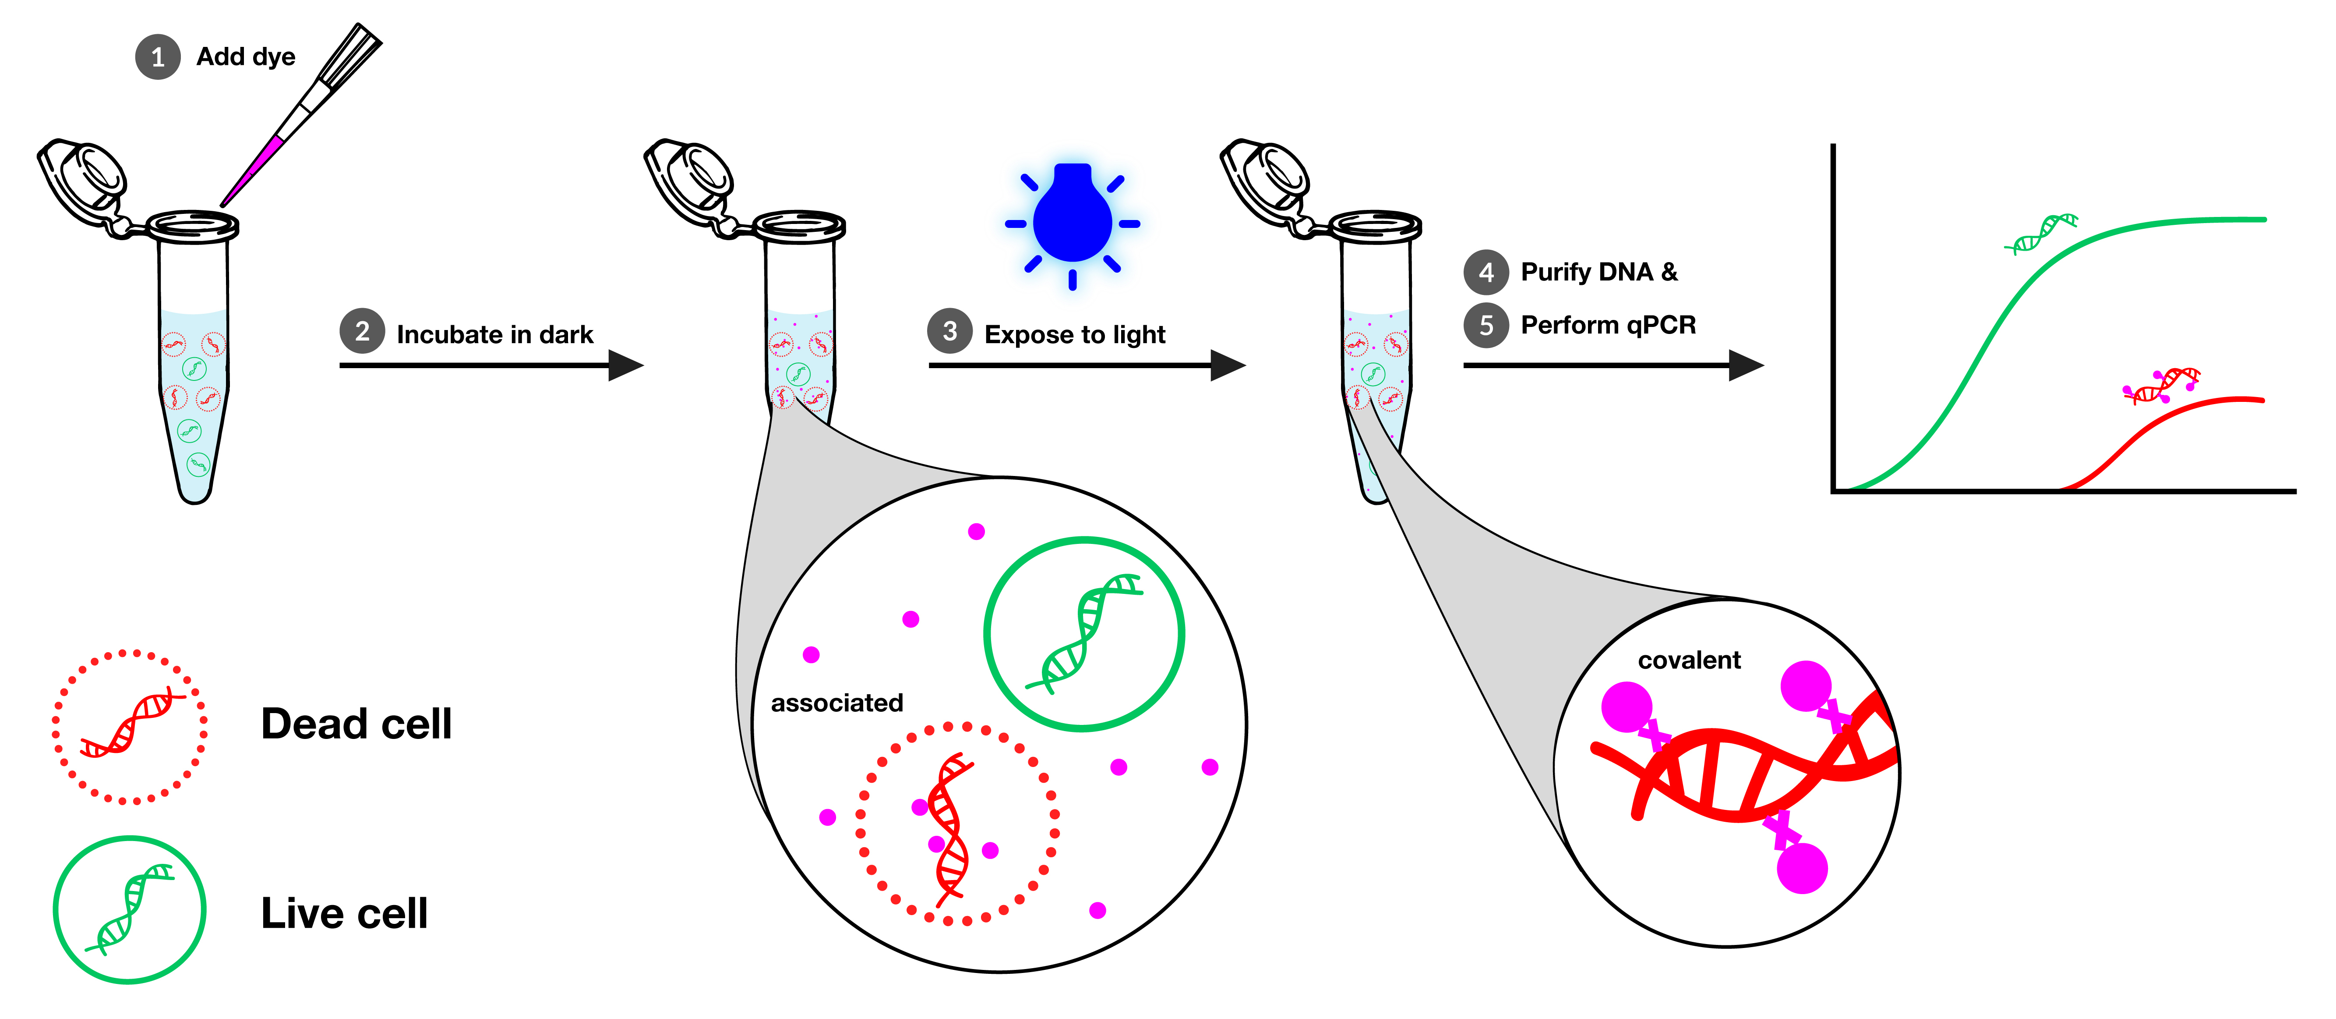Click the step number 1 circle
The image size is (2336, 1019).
(158, 57)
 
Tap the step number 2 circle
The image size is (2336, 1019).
(362, 332)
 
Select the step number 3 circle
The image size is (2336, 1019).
(949, 332)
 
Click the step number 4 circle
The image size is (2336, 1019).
(1486, 272)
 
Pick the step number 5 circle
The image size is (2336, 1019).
(1486, 325)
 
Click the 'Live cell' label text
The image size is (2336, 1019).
(344, 913)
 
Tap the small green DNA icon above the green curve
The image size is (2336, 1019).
(2040, 234)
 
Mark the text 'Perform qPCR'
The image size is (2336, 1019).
(1608, 325)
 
